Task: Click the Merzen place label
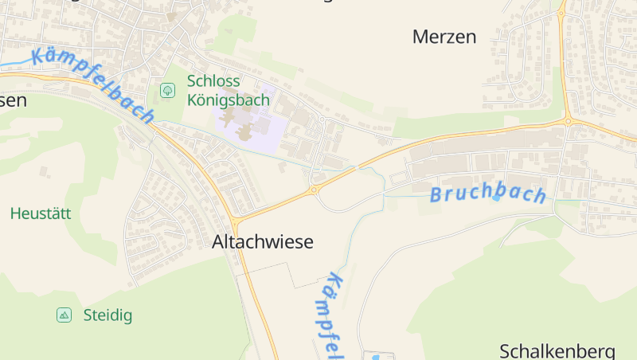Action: coord(444,37)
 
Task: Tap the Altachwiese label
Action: coord(263,242)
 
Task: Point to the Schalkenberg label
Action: coord(557,351)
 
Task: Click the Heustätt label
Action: coord(41,213)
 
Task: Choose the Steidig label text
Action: coord(107,315)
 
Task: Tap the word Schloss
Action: coord(213,81)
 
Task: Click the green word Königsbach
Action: coord(229,100)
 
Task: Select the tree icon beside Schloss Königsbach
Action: coord(167,90)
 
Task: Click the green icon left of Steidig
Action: coord(64,315)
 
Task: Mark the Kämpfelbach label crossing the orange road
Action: coord(93,85)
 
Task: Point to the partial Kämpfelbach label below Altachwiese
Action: coord(335,315)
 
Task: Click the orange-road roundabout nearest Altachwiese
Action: coord(314,190)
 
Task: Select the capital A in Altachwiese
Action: coord(219,242)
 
